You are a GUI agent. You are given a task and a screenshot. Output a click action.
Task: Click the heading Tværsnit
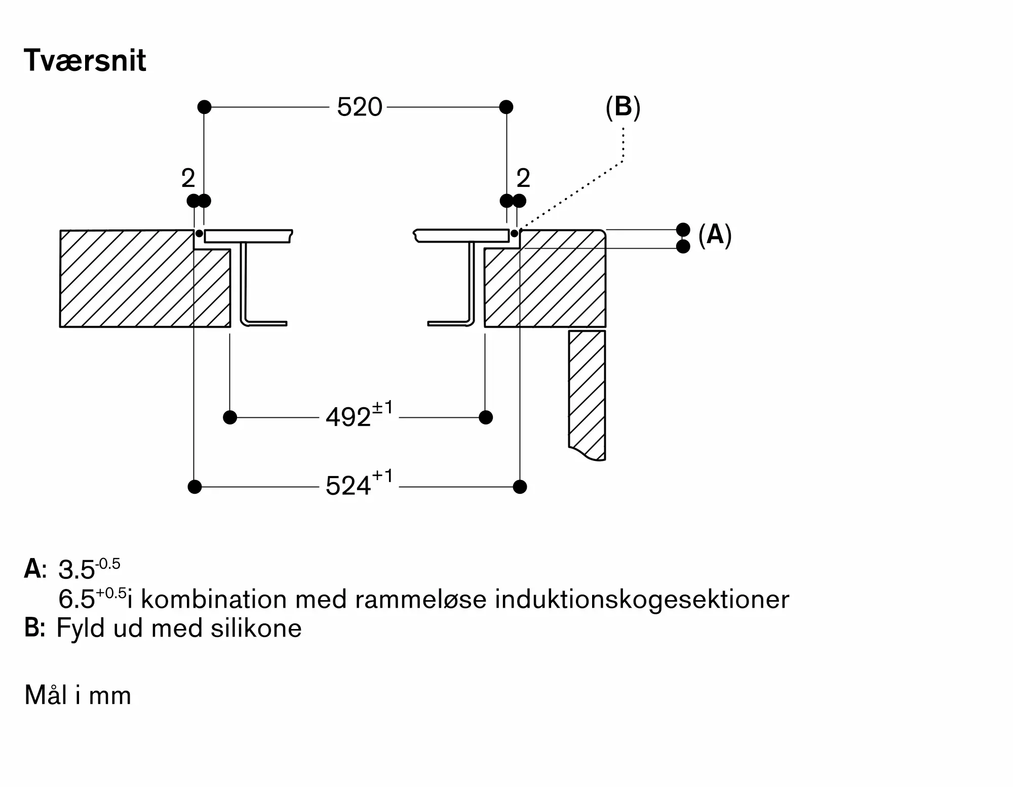(x=85, y=61)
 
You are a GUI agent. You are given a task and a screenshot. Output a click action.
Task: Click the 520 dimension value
(x=359, y=107)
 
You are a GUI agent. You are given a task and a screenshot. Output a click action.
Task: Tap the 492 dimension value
(x=348, y=418)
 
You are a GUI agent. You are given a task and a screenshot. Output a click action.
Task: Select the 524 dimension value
(x=348, y=487)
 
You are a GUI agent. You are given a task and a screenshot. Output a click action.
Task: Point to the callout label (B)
(x=623, y=107)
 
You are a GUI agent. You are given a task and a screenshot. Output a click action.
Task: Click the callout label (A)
(x=715, y=235)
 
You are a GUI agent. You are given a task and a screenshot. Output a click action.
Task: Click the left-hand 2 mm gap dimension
(x=188, y=178)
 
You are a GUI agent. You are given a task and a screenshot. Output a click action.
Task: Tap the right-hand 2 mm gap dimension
(x=523, y=178)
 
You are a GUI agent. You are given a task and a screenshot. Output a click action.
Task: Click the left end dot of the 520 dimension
(x=204, y=107)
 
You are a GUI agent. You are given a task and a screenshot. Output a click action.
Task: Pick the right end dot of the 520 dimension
(x=506, y=107)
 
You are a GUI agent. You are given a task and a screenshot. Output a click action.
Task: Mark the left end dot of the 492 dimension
(x=230, y=417)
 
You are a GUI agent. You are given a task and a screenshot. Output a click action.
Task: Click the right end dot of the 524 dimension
(x=520, y=487)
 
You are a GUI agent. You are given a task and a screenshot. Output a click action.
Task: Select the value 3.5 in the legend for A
(x=76, y=570)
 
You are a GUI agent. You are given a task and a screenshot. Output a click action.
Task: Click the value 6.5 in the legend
(x=76, y=600)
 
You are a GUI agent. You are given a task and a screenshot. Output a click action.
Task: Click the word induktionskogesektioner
(x=642, y=600)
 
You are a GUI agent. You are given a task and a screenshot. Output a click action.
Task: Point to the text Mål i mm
(x=78, y=695)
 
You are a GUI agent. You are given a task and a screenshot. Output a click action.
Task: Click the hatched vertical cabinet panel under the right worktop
(x=587, y=390)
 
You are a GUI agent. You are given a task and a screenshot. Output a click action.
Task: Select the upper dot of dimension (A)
(x=683, y=229)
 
